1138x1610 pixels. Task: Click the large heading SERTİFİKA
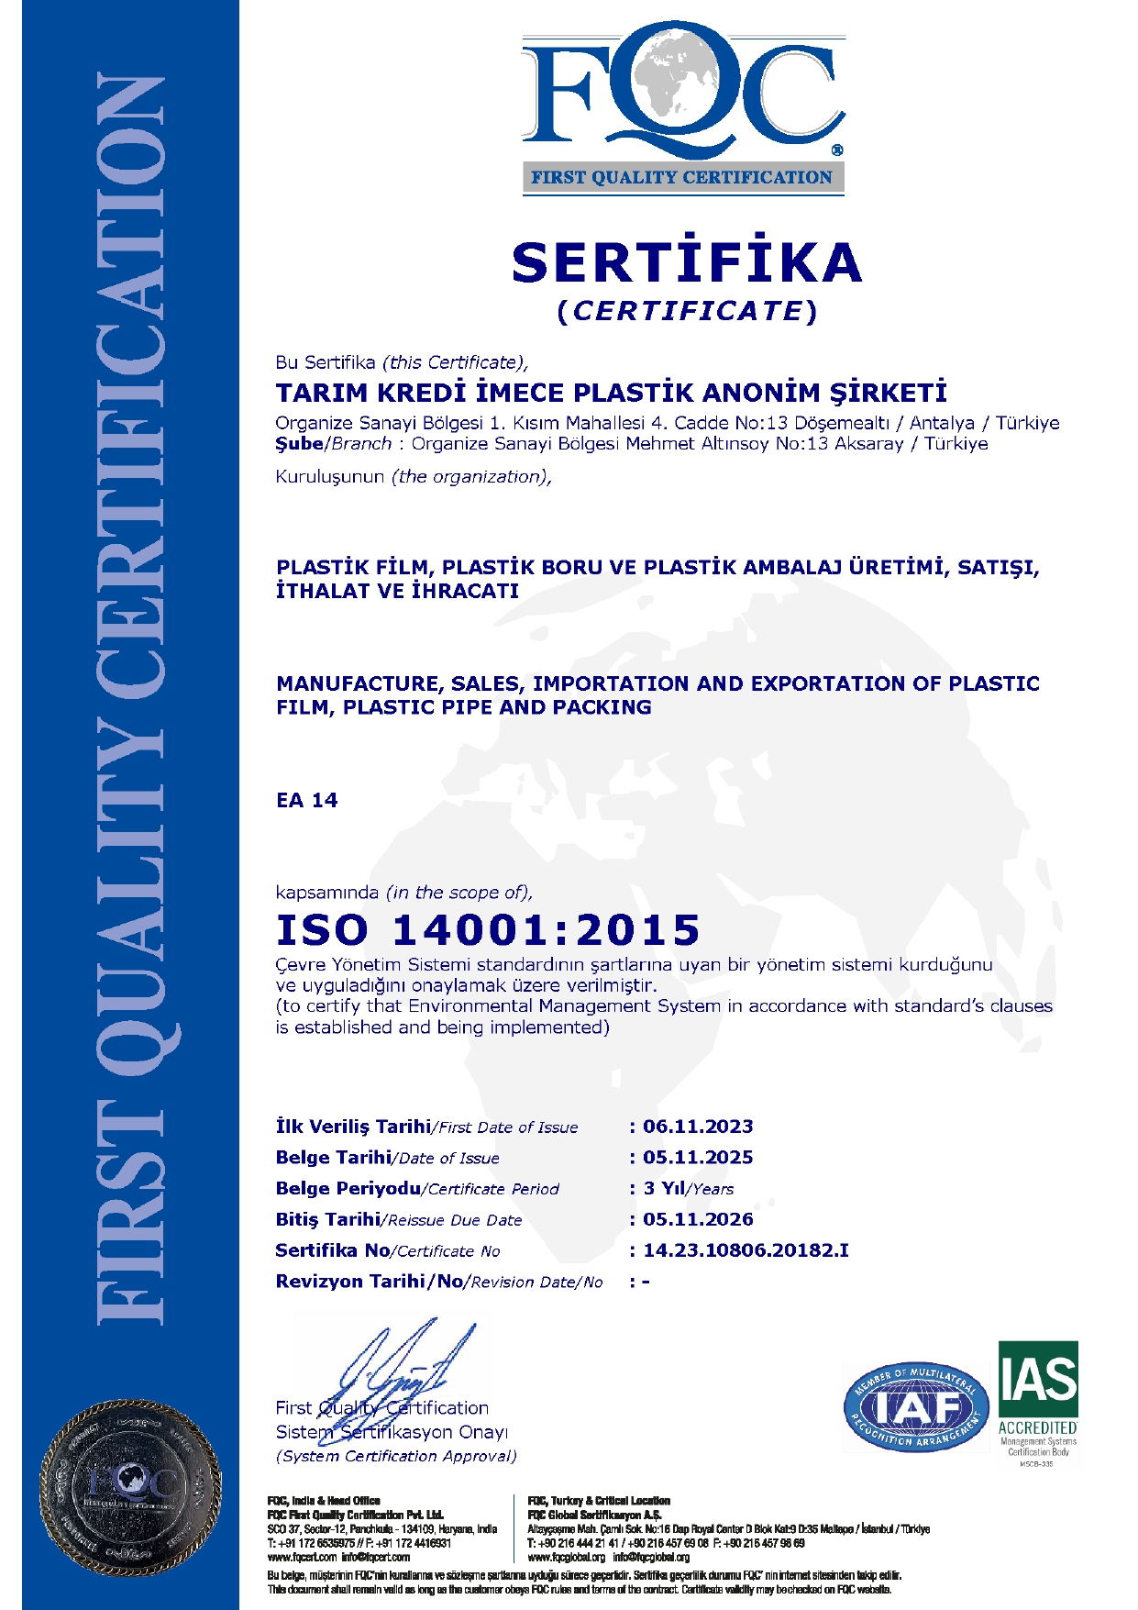[x=687, y=262]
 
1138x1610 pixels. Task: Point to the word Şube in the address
[x=299, y=444]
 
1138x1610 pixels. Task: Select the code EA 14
[x=306, y=801]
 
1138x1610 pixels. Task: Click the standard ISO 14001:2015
[x=488, y=930]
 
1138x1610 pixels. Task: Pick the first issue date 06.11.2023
[x=698, y=1127]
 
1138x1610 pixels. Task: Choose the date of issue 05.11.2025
[x=698, y=1158]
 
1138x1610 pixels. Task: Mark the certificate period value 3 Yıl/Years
[x=688, y=1189]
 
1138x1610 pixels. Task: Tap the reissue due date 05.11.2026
[x=698, y=1220]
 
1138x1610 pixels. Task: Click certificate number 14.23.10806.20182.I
[x=746, y=1250]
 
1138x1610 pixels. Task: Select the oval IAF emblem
[x=916, y=1406]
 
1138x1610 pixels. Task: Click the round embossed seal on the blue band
[x=129, y=1483]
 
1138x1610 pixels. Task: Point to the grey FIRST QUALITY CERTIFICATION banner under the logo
[x=682, y=178]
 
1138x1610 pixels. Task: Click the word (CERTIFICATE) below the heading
[x=687, y=312]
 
